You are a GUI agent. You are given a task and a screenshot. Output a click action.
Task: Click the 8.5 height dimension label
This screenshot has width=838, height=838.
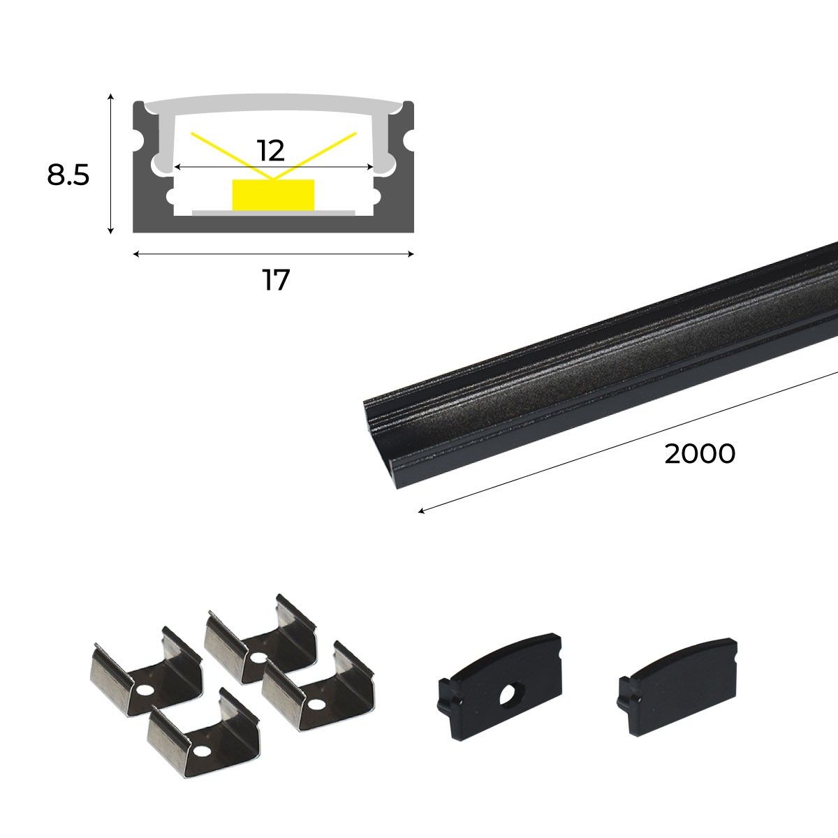[x=68, y=175]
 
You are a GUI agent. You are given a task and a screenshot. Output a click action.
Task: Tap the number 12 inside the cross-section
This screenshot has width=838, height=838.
[x=270, y=151]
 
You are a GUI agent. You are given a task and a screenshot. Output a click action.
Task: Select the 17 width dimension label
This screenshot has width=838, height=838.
[x=275, y=281]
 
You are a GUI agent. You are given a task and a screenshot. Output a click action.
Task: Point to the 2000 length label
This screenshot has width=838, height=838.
[x=699, y=454]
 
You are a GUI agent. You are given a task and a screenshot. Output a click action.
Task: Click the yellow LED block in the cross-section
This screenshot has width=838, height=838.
[x=273, y=193]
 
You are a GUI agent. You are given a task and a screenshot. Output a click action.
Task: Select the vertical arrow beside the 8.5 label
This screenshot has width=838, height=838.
[x=110, y=164]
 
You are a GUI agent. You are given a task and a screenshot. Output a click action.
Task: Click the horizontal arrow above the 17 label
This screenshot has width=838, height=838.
[x=273, y=254]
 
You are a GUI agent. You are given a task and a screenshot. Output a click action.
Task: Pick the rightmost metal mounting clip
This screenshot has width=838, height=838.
[x=318, y=688]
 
